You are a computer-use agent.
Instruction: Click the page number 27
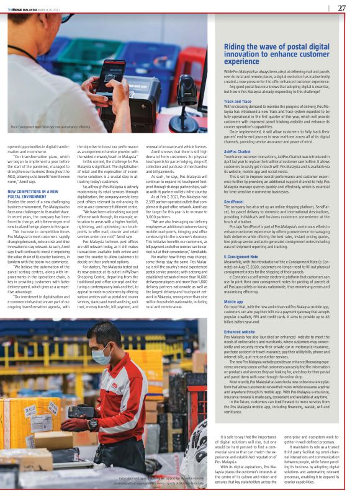click(x=341, y=8)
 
